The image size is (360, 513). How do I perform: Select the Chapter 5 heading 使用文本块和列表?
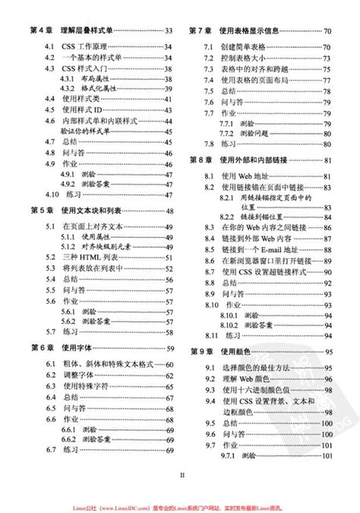pyautogui.click(x=93, y=211)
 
